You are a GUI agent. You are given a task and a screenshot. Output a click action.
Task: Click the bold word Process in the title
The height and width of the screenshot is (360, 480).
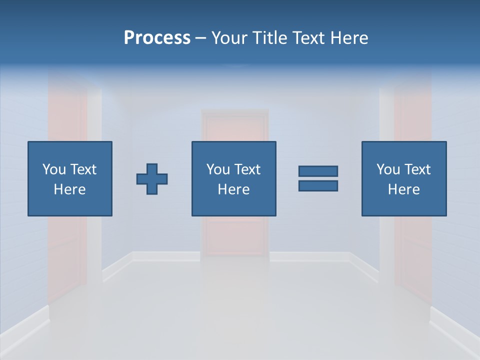(x=157, y=38)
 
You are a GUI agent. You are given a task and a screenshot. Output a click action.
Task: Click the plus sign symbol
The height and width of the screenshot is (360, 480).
(x=152, y=179)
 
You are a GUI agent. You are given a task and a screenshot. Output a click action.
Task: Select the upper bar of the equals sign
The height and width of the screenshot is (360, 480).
(x=318, y=171)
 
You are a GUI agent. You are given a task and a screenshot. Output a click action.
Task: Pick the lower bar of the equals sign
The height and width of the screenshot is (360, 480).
(x=318, y=185)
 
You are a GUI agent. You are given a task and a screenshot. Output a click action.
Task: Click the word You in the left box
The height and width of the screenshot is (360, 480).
(x=53, y=169)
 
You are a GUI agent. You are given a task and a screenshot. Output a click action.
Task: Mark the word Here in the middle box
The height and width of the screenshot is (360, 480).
(x=234, y=189)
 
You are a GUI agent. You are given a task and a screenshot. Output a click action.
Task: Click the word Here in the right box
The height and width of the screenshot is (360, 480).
(x=404, y=189)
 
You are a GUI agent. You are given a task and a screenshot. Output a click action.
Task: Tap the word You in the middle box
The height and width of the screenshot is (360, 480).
(x=217, y=169)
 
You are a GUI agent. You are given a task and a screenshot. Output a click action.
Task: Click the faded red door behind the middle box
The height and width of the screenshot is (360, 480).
(x=235, y=235)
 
